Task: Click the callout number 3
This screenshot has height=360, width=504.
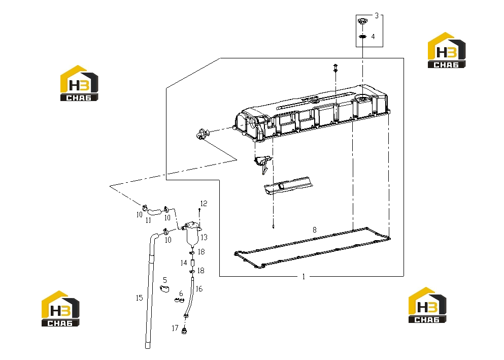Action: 377,15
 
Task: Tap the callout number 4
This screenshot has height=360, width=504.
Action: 373,37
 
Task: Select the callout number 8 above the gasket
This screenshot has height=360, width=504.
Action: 314,230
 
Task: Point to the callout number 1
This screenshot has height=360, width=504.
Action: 304,277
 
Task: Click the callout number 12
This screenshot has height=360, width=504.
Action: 204,204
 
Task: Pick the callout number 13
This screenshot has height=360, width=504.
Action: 204,238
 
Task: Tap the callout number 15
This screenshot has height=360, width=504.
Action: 139,298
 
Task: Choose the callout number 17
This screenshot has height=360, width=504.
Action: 175,328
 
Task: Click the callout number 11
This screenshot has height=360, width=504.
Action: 148,220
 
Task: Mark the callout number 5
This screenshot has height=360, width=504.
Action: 165,280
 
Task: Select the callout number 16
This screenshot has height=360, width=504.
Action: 199,289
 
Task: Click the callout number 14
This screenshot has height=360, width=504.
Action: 184,263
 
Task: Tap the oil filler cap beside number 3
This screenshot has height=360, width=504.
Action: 362,21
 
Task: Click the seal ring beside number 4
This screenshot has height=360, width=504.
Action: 362,37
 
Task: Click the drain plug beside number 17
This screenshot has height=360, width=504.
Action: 184,331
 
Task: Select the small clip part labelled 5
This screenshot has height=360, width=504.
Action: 164,288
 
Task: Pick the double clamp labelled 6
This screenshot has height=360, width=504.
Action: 179,300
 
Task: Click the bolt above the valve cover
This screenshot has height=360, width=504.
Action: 335,68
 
